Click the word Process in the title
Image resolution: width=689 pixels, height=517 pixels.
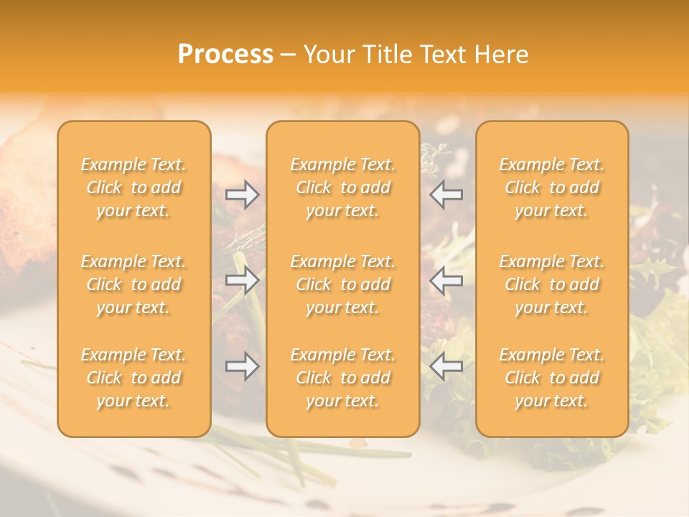point(225,55)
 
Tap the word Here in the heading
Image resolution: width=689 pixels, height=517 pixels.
point(502,55)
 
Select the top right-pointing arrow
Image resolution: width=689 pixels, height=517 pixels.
point(243,195)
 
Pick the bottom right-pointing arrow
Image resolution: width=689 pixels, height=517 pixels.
point(243,367)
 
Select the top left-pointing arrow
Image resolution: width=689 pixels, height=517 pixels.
point(446,195)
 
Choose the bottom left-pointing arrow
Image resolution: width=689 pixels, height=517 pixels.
point(446,367)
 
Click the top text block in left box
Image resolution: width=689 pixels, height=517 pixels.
point(133,187)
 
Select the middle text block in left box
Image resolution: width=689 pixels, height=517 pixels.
point(133,284)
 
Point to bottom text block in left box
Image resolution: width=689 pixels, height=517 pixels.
point(133,378)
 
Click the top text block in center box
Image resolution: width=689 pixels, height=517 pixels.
point(343,187)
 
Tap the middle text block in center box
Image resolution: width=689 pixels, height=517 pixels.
point(343,284)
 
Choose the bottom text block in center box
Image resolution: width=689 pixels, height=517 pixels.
point(343,378)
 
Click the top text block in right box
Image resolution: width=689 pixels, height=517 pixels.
point(552,187)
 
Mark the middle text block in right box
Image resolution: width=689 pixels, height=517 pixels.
point(552,284)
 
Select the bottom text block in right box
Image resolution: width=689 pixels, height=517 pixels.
point(552,378)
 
